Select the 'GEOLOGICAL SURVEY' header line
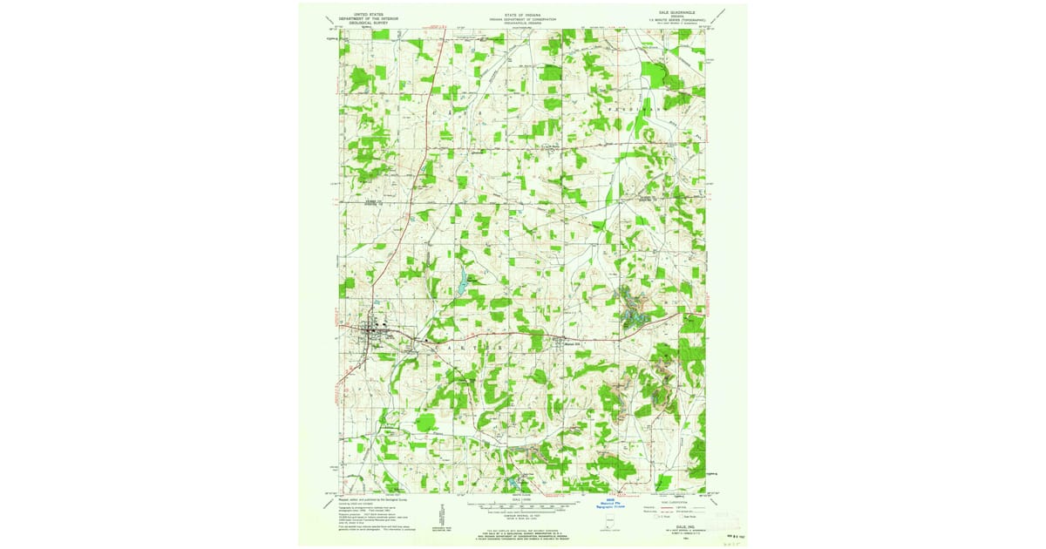(361, 24)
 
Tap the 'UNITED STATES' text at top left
(361, 15)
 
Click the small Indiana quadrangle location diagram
(611, 521)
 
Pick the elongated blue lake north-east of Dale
(457, 284)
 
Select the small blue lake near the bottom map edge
(512, 481)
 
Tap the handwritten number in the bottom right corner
(720, 542)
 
